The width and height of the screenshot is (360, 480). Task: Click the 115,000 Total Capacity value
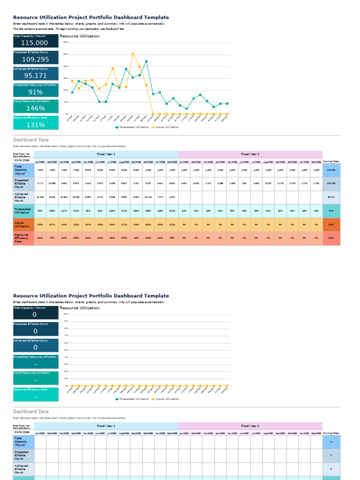point(35,43)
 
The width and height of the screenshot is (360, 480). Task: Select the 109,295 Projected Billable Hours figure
point(35,59)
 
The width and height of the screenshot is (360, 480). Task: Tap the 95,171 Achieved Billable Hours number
point(35,75)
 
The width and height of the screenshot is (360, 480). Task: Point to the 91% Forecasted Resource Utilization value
point(35,92)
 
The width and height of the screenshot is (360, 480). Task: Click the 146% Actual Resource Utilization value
point(35,108)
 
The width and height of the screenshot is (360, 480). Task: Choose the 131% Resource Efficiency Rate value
point(35,125)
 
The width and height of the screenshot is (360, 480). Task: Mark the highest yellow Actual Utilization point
point(133,54)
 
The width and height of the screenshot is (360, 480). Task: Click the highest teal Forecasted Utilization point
point(146,61)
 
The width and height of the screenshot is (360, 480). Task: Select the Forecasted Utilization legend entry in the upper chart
point(132,127)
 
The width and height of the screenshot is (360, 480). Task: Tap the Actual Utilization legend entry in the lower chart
point(165,399)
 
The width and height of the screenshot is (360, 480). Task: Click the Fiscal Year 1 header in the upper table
point(106,154)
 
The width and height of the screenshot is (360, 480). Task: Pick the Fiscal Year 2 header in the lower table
point(250,426)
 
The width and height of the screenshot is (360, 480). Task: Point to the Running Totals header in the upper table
point(331,161)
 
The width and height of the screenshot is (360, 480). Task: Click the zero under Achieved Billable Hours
point(35,347)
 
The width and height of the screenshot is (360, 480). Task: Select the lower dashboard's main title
point(91,296)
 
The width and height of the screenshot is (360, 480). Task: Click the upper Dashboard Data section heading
point(31,140)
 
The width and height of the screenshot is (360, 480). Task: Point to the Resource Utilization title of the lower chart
point(80,308)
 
